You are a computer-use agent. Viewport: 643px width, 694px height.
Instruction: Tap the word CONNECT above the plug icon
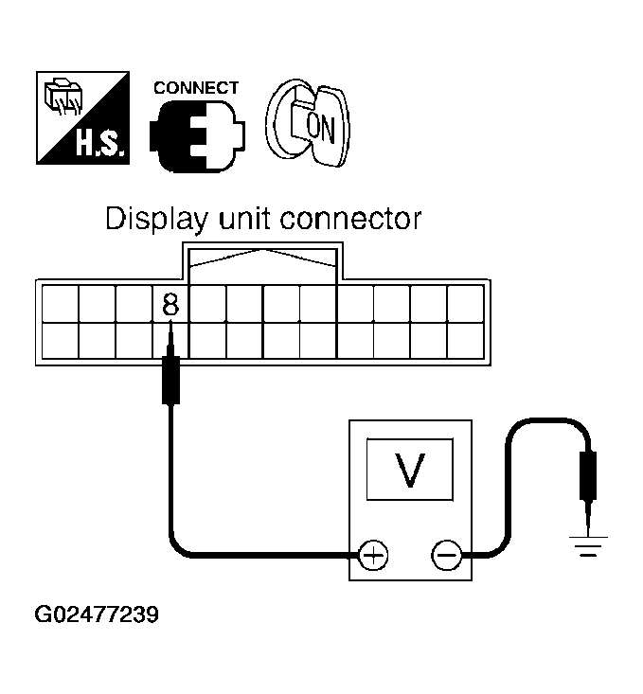click(196, 88)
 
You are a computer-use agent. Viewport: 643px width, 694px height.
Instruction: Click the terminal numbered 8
click(170, 303)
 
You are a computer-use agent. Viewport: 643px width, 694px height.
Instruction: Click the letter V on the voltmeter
click(409, 470)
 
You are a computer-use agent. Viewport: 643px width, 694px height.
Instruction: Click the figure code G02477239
click(96, 614)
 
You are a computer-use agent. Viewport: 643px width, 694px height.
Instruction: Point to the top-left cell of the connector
click(60, 303)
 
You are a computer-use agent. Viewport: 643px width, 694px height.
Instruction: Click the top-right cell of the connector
click(465, 303)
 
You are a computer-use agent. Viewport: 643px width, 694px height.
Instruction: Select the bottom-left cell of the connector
click(60, 341)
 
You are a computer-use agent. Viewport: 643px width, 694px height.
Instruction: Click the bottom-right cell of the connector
click(465, 341)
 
